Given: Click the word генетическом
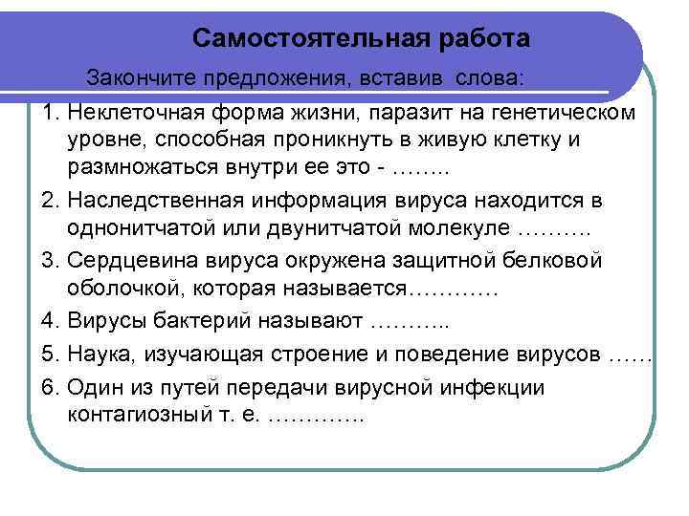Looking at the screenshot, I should click(x=564, y=113).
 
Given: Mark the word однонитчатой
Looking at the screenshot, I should click(x=139, y=230).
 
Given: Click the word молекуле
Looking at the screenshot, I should click(x=460, y=230).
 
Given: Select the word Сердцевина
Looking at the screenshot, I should click(x=128, y=261).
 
